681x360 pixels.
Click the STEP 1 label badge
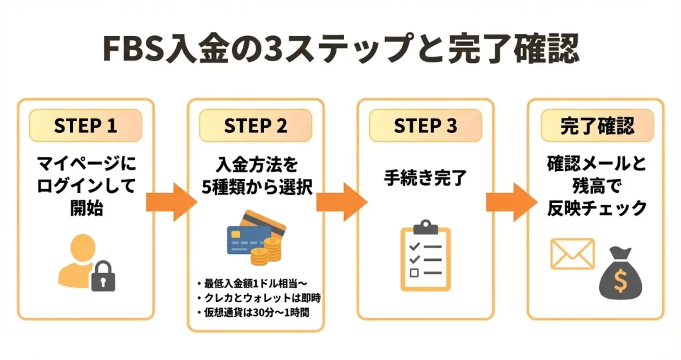(85, 126)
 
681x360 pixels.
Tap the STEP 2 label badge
(255, 126)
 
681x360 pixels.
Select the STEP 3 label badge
(426, 126)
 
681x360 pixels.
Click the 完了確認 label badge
(597, 126)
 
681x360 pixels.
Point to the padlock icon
(102, 275)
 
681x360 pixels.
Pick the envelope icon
(571, 254)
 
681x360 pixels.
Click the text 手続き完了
(426, 178)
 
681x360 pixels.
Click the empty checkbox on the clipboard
(414, 273)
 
